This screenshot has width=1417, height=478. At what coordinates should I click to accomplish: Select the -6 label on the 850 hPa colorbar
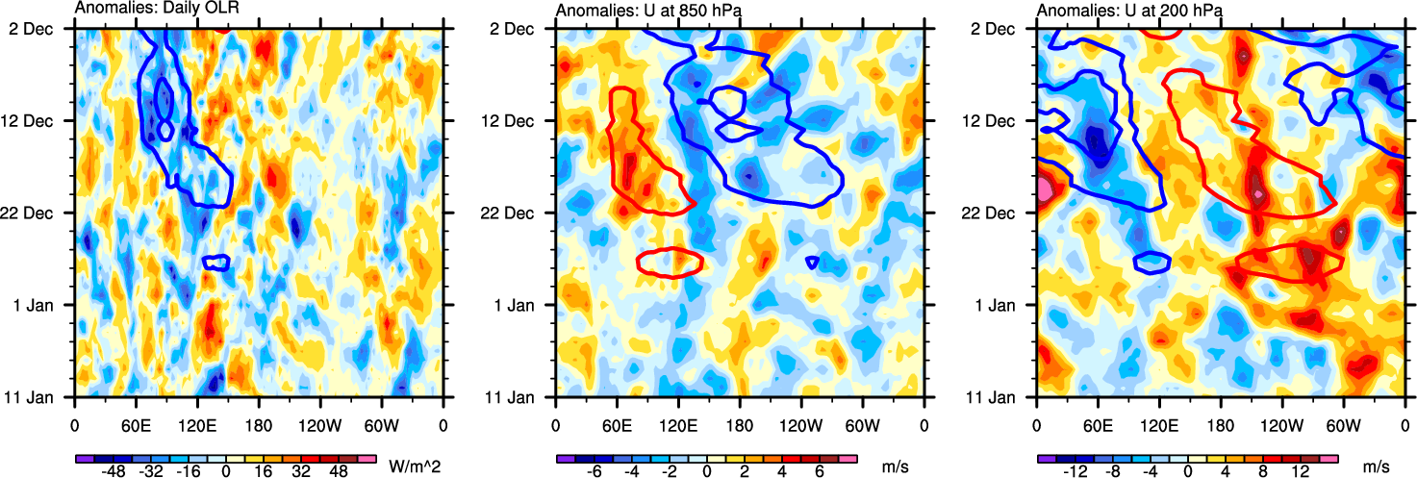click(x=595, y=472)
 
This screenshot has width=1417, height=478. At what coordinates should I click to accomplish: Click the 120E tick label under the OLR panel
click(x=196, y=424)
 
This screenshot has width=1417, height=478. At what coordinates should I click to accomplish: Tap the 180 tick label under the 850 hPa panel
click(x=739, y=424)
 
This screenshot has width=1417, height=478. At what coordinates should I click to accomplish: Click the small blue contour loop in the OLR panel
click(x=216, y=262)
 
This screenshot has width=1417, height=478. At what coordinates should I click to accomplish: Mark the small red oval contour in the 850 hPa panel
click(x=671, y=262)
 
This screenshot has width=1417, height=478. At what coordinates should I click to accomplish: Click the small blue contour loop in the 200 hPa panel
click(x=1151, y=261)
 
